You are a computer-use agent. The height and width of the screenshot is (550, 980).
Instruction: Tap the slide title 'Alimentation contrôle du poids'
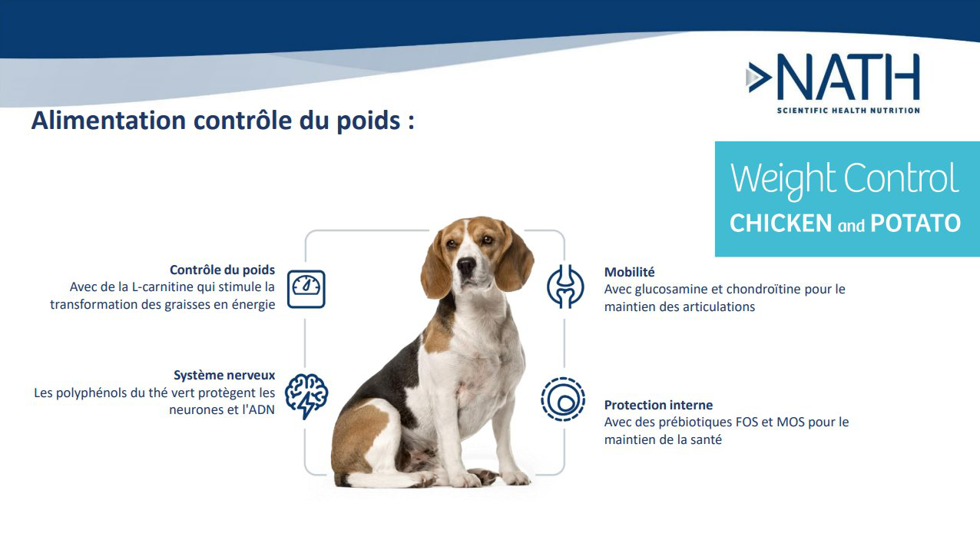(223, 121)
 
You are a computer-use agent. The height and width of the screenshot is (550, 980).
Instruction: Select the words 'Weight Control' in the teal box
(845, 178)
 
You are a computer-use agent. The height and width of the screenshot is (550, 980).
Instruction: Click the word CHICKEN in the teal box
(780, 224)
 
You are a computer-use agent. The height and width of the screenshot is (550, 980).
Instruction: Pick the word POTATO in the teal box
(915, 224)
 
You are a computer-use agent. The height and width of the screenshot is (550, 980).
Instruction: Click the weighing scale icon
(306, 289)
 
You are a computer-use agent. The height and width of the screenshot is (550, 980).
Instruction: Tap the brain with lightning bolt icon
(306, 394)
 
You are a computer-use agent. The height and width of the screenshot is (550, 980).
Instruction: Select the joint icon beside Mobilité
(565, 287)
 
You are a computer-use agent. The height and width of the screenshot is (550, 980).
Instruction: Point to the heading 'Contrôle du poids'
(222, 270)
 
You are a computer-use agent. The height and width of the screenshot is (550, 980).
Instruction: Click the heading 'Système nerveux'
(224, 376)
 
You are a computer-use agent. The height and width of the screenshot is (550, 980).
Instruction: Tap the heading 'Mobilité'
(629, 272)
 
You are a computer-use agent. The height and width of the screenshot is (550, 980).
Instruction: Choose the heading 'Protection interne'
(658, 405)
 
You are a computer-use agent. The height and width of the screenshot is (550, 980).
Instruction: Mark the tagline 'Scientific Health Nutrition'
(848, 111)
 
